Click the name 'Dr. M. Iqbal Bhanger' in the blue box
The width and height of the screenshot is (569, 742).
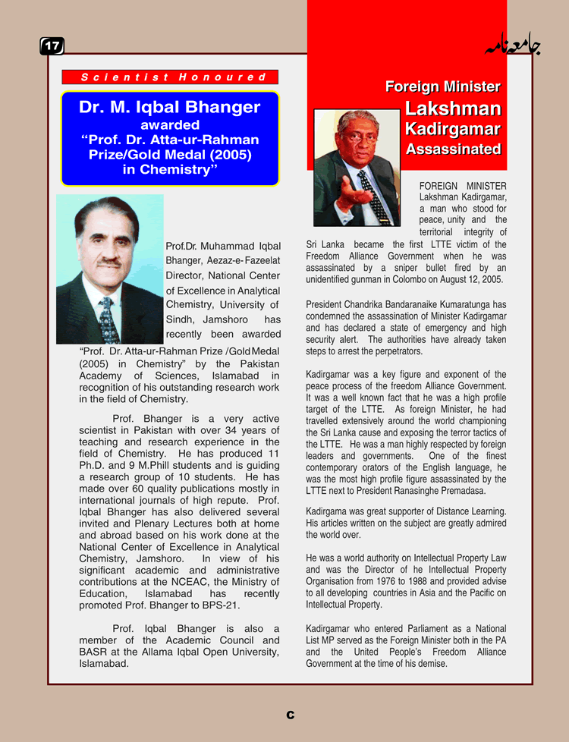click(169, 108)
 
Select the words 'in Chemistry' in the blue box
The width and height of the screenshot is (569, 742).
click(170, 170)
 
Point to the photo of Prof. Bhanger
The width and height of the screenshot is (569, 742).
click(109, 269)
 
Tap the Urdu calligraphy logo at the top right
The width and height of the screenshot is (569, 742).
click(513, 47)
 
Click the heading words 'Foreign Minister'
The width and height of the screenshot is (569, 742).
click(442, 86)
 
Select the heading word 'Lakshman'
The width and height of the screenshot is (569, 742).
click(453, 108)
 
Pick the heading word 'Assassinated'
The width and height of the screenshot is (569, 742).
click(453, 149)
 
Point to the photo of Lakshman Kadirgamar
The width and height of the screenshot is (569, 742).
click(357, 168)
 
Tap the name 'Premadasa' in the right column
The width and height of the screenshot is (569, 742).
click(479, 491)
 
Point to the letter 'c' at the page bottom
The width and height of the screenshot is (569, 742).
click(291, 715)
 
